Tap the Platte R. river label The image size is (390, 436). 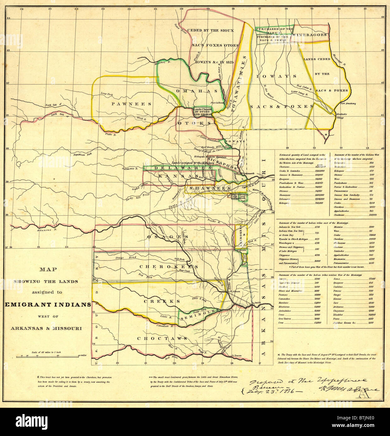click(111, 134)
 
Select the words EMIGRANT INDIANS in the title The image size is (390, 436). click(48, 305)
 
